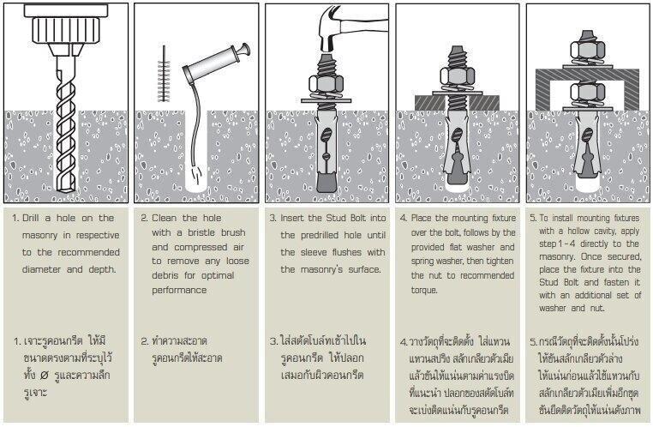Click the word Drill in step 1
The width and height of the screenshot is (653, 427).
tap(35, 218)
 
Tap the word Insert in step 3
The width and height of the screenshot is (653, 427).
tap(297, 218)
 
